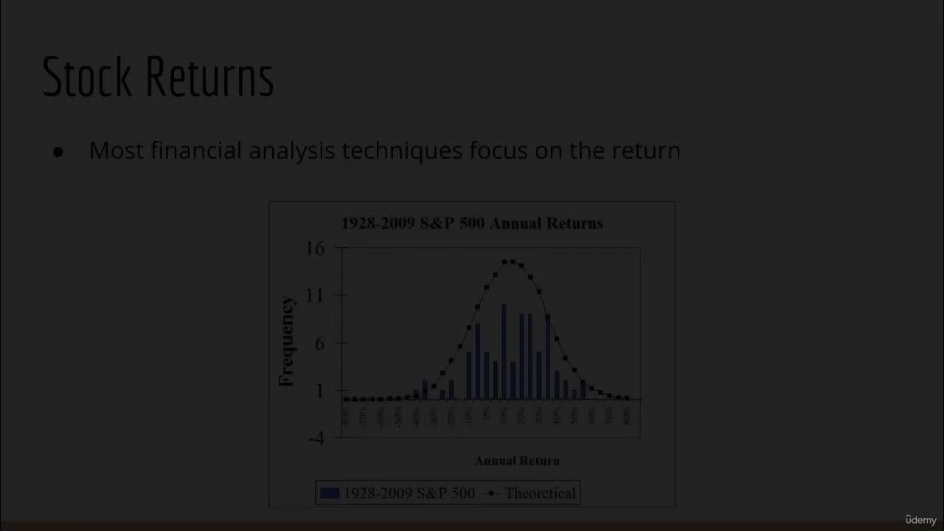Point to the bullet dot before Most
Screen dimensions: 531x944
pos(58,152)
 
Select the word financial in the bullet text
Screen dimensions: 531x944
pos(196,150)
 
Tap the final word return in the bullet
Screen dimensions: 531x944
pos(646,150)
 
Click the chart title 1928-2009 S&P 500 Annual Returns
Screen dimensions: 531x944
pos(472,223)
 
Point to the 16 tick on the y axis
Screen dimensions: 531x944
pos(315,249)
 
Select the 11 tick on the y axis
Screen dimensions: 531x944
pos(315,296)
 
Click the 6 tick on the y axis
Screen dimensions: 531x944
pos(319,344)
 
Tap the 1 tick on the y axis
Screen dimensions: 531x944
pos(319,391)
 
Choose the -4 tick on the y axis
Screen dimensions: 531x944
pos(316,438)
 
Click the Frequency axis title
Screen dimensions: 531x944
pos(286,341)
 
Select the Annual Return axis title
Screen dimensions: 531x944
pos(517,461)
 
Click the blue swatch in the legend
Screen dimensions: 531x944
pos(330,493)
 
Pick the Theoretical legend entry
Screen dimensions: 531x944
pos(540,493)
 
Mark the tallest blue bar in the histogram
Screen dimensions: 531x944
pos(504,352)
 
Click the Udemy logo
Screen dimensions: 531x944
pos(920,520)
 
